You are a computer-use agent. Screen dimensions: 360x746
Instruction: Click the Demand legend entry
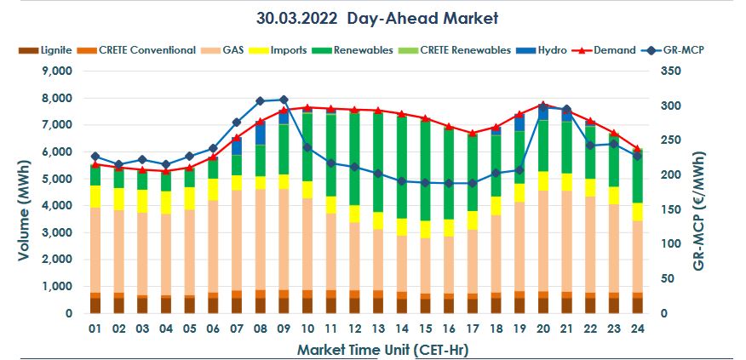click(x=606, y=50)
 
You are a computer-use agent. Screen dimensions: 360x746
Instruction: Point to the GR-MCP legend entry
click(x=674, y=50)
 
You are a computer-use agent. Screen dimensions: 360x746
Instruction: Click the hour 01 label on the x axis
click(x=95, y=328)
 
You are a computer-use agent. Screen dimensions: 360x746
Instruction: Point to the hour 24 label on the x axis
click(x=636, y=328)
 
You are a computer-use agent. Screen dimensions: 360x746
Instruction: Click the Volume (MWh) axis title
click(x=18, y=192)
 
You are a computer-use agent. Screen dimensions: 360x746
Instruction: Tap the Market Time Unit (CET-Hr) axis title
click(x=368, y=349)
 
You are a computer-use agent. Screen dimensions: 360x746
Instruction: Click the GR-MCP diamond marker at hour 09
click(x=284, y=100)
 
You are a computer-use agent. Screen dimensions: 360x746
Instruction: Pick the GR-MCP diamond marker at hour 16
click(x=448, y=183)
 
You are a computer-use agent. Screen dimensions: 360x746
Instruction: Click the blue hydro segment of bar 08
click(x=260, y=133)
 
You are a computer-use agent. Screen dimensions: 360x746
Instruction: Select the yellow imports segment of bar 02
click(x=119, y=199)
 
